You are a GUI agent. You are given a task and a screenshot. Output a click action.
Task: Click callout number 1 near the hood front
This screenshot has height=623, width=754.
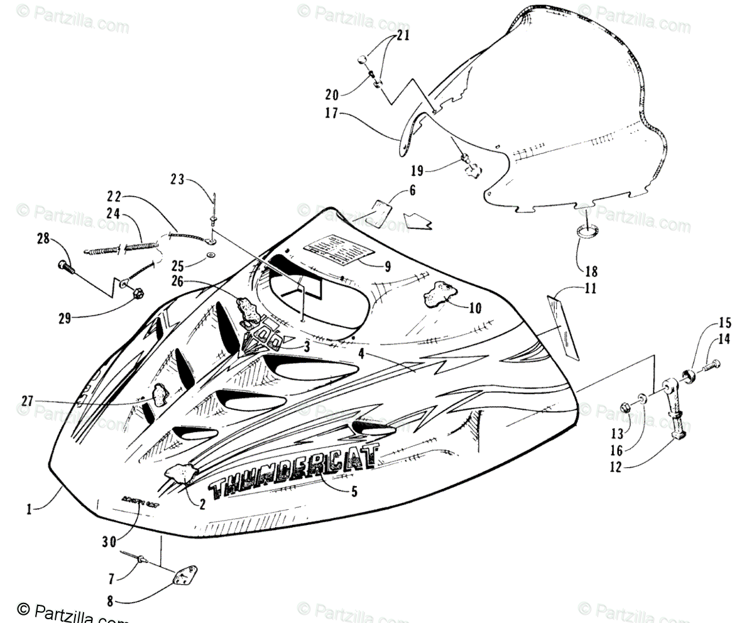(29, 510)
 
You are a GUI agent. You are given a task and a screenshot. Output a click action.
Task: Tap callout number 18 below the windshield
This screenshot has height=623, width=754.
(591, 272)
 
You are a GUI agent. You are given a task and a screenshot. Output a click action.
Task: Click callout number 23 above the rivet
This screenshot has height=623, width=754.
(177, 180)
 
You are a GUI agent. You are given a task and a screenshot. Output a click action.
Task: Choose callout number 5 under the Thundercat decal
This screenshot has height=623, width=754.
(354, 492)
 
